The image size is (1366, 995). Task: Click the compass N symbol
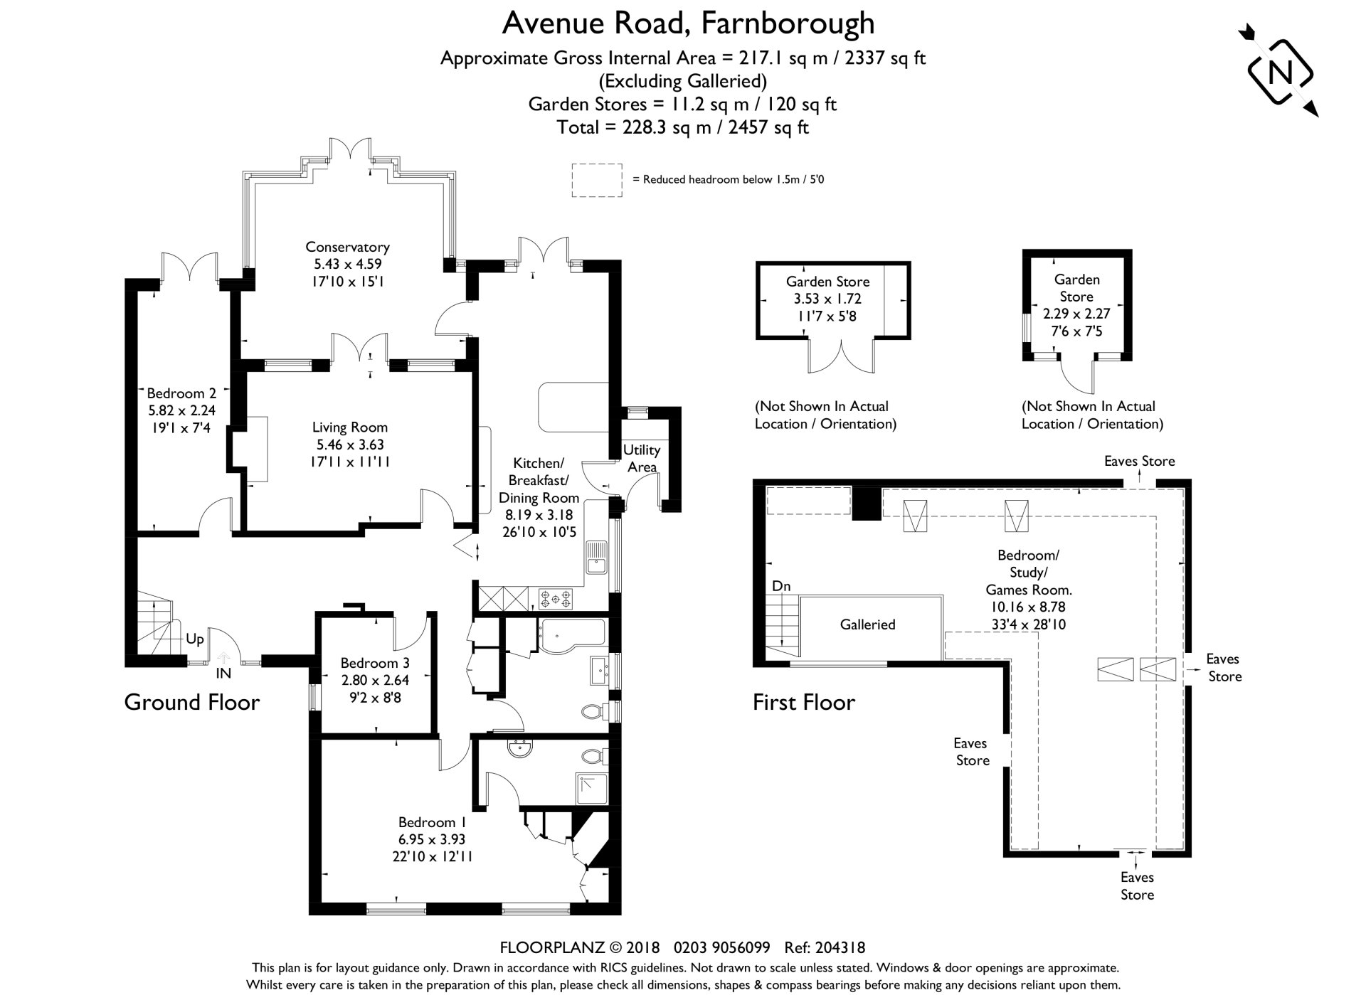tap(1281, 73)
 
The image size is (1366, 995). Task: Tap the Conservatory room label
tap(347, 248)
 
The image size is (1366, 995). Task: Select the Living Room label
tap(350, 427)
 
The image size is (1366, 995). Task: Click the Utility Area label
tap(641, 458)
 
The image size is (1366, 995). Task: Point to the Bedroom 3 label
tap(374, 663)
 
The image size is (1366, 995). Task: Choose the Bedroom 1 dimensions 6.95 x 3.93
tap(432, 839)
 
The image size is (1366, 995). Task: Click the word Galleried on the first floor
tap(867, 624)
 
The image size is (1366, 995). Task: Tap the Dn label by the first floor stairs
tap(781, 586)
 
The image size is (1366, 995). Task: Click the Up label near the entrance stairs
tap(194, 639)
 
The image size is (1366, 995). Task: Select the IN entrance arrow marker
tap(223, 661)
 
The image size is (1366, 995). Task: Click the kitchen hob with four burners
tap(555, 598)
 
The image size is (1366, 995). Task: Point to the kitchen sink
tap(595, 558)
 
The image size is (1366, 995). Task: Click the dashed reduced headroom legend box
tap(596, 179)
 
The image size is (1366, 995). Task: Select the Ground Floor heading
tap(192, 702)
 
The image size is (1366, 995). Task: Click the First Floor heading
tap(804, 702)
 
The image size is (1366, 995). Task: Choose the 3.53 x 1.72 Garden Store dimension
tap(827, 299)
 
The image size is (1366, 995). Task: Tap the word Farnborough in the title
tap(788, 23)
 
